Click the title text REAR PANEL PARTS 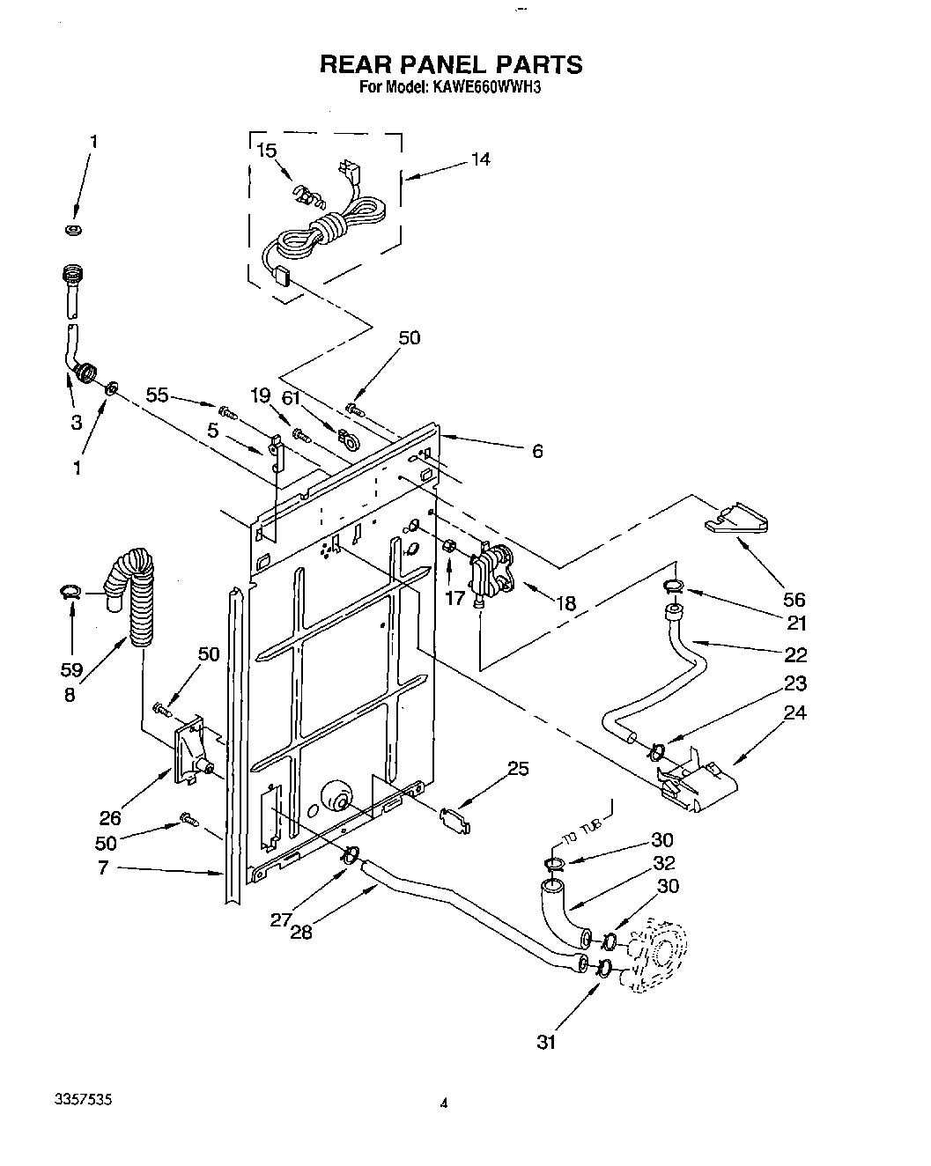point(450,64)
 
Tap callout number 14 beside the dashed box point(480,159)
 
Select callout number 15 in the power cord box point(266,151)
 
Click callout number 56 point(794,599)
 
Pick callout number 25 point(518,768)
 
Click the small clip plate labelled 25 point(454,818)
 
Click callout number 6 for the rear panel point(536,452)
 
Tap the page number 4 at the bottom point(445,1102)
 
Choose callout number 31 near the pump point(547,1042)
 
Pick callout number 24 point(794,712)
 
